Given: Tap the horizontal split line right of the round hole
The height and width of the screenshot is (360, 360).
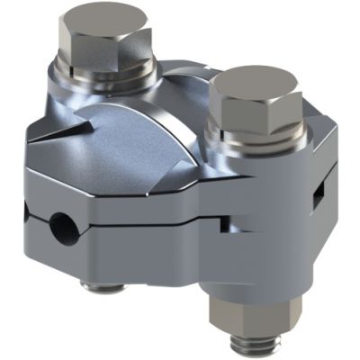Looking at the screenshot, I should coord(135,220).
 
